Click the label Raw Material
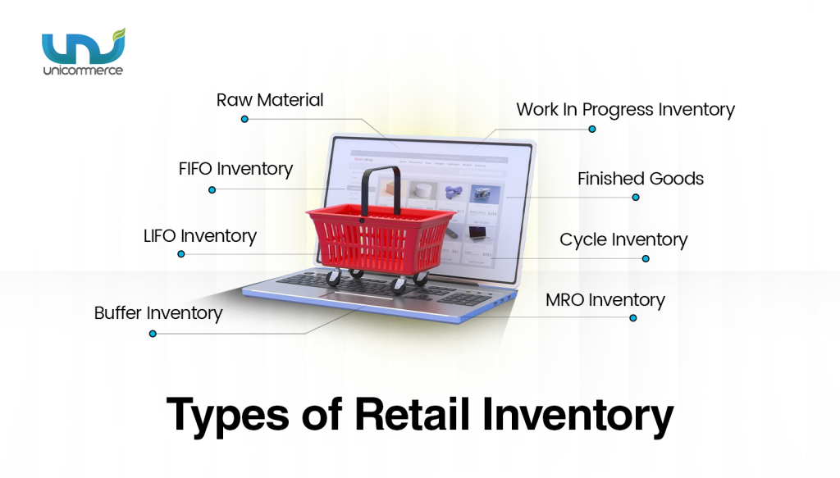(270, 100)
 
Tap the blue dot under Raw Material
(244, 119)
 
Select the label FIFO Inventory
(235, 169)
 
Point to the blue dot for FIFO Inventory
(212, 189)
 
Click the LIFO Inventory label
(199, 236)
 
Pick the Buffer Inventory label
(158, 312)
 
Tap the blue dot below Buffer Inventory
(152, 334)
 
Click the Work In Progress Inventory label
(625, 109)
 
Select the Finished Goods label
(640, 178)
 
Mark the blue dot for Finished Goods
(636, 197)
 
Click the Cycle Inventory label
(623, 239)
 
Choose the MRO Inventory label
(605, 300)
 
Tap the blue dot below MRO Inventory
(632, 317)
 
